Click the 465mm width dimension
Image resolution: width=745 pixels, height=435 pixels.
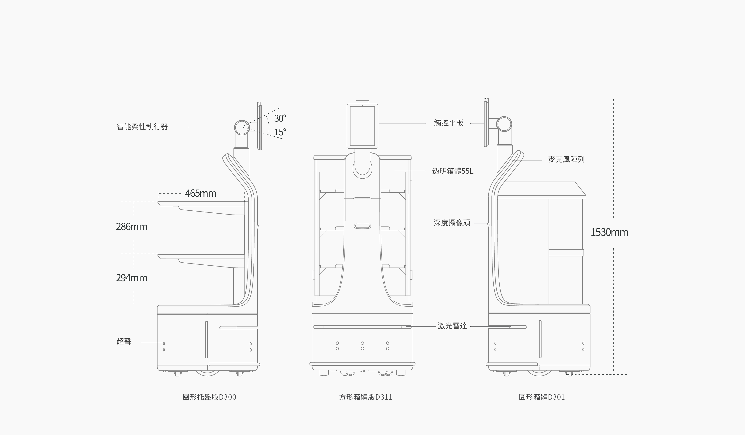pos(200,193)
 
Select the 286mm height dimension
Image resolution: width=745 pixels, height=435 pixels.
pos(132,227)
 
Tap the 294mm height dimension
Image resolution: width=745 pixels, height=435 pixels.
pos(132,278)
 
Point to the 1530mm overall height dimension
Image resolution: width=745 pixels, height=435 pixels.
pos(609,232)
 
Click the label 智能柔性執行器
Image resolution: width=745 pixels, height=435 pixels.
pos(142,127)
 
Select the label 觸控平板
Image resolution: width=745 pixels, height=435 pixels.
pos(449,123)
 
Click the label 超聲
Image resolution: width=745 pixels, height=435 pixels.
pos(124,341)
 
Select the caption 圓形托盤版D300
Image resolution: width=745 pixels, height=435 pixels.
pos(209,397)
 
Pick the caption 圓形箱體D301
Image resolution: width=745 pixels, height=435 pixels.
pos(542,397)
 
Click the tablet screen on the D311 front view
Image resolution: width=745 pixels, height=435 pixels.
pos(362,126)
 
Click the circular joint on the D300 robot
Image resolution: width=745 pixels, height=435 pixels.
pos(242,127)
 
